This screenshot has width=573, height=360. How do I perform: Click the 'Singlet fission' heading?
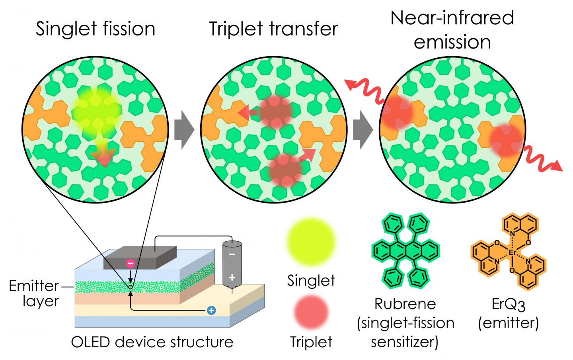coord(95,29)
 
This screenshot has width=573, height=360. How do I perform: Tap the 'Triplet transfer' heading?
coord(273,29)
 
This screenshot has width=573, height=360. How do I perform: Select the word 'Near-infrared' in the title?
coord(452,18)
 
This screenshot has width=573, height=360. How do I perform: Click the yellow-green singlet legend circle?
coord(311,241)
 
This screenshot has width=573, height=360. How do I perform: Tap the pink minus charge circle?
coord(130,263)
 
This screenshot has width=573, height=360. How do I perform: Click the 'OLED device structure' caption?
coord(152,342)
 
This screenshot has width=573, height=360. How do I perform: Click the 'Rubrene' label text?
coord(405,304)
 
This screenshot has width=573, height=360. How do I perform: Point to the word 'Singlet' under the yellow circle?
coord(311,280)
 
